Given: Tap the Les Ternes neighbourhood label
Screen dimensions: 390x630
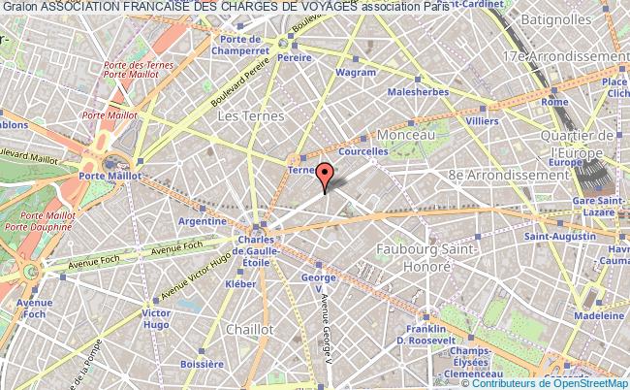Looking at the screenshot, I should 250,115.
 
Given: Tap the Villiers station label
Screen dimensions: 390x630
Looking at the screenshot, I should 481,123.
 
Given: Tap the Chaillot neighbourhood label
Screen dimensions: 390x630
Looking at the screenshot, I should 248,329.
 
